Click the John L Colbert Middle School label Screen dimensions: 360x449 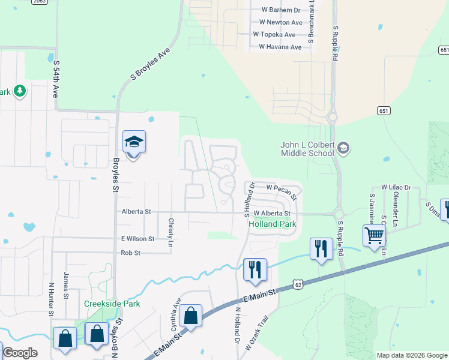pyautogui.click(x=307, y=148)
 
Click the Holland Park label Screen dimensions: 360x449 pyautogui.click(x=273, y=224)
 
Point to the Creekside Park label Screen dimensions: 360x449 pyautogui.click(x=112, y=304)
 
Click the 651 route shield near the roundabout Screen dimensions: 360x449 pyautogui.click(x=384, y=111)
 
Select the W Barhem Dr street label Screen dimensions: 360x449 pyautogui.click(x=281, y=10)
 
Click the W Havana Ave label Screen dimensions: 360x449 pyautogui.click(x=280, y=47)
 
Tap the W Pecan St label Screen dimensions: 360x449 pyautogui.click(x=282, y=191)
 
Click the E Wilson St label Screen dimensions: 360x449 pyautogui.click(x=137, y=238)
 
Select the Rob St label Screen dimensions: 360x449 pyautogui.click(x=130, y=253)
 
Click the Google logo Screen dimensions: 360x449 pyautogui.click(x=20, y=353)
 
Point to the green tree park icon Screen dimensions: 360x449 pyautogui.click(x=20, y=91)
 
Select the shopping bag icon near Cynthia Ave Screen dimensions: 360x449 pyautogui.click(x=190, y=316)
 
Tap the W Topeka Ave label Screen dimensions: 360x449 pyautogui.click(x=274, y=35)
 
